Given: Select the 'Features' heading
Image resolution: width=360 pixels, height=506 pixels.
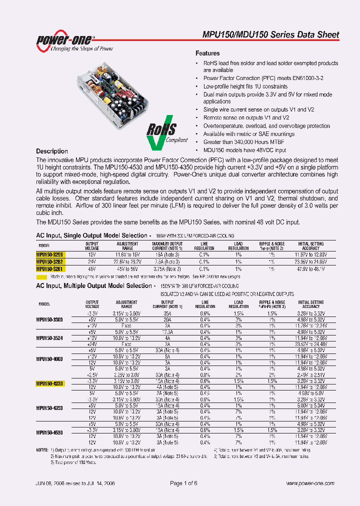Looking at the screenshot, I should pyautogui.click(x=207, y=53).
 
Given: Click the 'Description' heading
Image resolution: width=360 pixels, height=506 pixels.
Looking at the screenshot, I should pyautogui.click(x=52, y=151).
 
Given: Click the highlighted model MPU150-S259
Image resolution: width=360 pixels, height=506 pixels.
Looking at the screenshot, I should pyautogui.click(x=49, y=254).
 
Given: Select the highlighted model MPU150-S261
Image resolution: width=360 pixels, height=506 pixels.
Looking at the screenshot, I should pyautogui.click(x=49, y=268).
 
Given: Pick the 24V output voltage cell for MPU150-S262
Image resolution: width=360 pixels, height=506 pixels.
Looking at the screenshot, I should pyautogui.click(x=92, y=261).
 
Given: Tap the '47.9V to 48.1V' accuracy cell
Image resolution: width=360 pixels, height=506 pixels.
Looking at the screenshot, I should pyautogui.click(x=310, y=268).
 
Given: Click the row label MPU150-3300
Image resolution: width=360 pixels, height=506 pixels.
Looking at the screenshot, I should pyautogui.click(x=50, y=319).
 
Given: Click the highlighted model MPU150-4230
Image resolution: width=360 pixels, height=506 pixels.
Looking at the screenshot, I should pyautogui.click(x=50, y=383).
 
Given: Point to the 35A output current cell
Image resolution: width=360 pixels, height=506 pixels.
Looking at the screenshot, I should pyautogui.click(x=167, y=313).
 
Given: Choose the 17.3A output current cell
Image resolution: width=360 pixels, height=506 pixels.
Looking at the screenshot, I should pyautogui.click(x=167, y=332).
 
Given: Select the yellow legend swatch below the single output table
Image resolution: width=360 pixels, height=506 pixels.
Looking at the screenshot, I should pyautogui.click(x=42, y=276).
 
